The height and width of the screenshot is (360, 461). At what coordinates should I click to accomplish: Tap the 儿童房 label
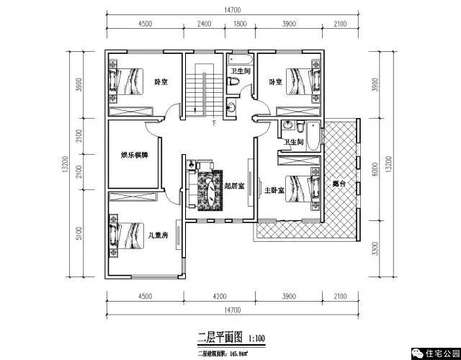click(158, 235)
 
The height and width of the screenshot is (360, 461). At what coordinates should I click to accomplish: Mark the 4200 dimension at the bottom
click(219, 296)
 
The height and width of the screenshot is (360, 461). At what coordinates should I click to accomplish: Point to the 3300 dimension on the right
click(375, 248)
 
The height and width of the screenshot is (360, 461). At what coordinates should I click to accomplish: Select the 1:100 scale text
click(257, 336)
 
